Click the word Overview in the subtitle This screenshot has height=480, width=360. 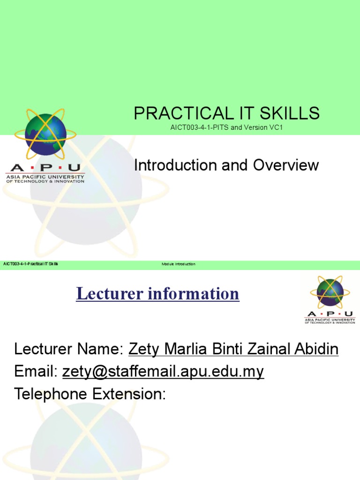[x=286, y=165]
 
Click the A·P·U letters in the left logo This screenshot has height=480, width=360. [x=45, y=168]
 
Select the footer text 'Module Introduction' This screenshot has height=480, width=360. [x=178, y=264]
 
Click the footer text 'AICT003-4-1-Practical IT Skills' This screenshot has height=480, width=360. [x=31, y=264]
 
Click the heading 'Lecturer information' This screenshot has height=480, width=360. [x=157, y=294]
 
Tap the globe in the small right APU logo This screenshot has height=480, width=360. [x=330, y=292]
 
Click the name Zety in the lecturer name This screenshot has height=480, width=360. [x=143, y=349]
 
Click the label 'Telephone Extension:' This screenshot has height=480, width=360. [x=90, y=394]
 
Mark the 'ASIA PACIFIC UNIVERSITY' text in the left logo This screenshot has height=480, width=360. [x=45, y=177]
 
